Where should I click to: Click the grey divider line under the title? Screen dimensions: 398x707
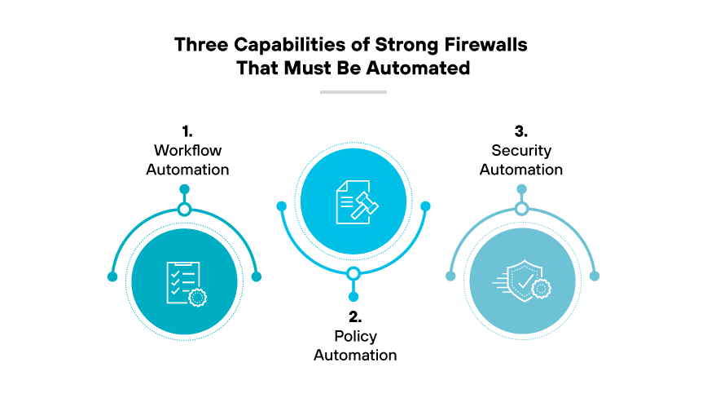(x=353, y=92)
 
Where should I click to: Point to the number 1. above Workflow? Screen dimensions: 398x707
(x=187, y=130)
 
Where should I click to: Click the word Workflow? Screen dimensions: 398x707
(x=187, y=150)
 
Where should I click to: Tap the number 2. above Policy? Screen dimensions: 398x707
(x=354, y=316)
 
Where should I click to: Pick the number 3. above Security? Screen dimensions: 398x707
(x=520, y=130)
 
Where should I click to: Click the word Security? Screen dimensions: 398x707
(x=521, y=150)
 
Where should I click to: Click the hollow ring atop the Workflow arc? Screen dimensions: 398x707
(x=185, y=210)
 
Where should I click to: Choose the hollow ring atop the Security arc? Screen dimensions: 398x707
(x=522, y=210)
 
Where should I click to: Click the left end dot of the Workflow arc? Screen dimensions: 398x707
(x=112, y=276)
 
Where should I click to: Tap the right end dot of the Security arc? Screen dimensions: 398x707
(x=594, y=276)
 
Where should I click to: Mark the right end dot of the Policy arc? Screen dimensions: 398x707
(x=424, y=206)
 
